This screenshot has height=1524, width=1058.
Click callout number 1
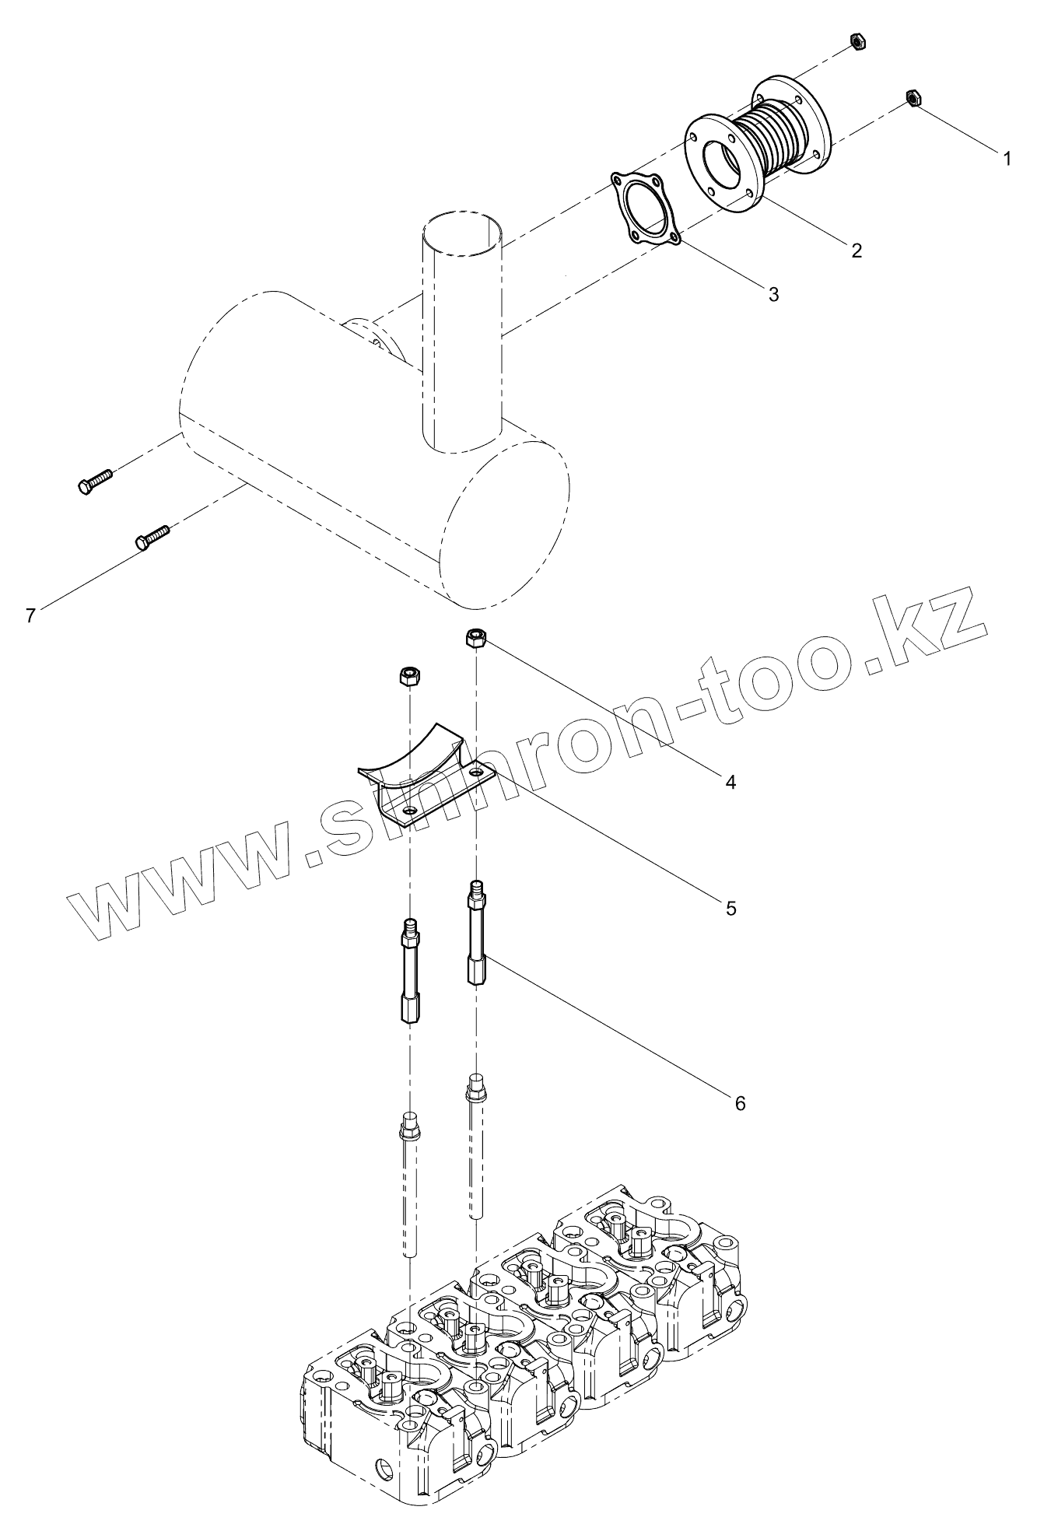[x=1007, y=159]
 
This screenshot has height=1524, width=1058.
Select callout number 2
[x=857, y=250]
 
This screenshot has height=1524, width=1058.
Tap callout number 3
[x=773, y=293]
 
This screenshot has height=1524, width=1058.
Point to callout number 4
[x=730, y=781]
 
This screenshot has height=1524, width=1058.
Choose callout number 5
[x=730, y=908]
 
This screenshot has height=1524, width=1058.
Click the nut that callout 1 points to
[x=914, y=98]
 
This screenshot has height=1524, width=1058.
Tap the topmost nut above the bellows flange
[x=855, y=40]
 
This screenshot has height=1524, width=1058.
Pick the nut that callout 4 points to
[x=476, y=639]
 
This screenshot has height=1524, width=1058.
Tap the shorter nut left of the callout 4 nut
[x=408, y=675]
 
